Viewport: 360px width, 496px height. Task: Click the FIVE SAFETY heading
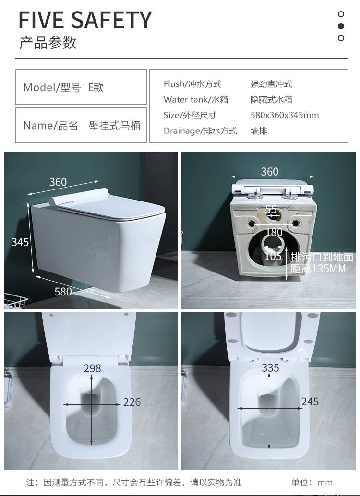click(85, 20)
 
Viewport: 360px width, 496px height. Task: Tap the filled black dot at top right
click(341, 26)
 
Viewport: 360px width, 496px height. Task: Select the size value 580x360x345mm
click(285, 115)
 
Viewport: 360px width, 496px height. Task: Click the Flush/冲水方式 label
click(192, 84)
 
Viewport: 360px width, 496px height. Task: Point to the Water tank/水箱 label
click(196, 99)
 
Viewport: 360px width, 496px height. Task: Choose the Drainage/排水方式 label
click(200, 130)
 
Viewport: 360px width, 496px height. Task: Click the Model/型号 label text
click(52, 87)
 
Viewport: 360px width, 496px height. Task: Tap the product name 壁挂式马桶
click(115, 126)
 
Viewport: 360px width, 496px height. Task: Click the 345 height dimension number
click(20, 242)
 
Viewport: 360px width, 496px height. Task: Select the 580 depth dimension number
click(63, 291)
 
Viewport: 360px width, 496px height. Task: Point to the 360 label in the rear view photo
click(270, 171)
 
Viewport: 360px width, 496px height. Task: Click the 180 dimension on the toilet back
click(274, 232)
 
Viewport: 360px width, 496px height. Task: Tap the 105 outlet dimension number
click(273, 256)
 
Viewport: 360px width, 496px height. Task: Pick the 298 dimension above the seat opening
click(93, 368)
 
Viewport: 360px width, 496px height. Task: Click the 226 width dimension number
click(132, 402)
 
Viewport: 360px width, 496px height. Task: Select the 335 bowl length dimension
click(270, 367)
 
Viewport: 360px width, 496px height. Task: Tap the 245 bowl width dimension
click(310, 402)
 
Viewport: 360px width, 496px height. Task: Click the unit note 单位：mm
click(312, 483)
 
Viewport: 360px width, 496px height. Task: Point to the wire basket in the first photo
click(14, 301)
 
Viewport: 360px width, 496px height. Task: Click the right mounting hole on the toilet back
click(295, 224)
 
